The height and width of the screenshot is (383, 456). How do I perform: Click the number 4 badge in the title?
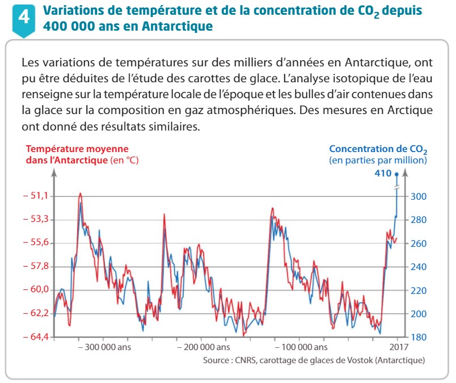24,20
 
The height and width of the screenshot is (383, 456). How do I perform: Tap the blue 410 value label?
383,174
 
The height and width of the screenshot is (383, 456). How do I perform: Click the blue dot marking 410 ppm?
396,174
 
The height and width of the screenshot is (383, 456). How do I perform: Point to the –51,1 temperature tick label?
35,196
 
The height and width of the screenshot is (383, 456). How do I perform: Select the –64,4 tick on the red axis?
35,336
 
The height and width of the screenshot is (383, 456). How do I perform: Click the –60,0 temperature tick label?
35,289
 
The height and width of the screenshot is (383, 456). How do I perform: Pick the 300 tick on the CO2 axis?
419,196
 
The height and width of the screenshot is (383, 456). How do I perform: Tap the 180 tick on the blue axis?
419,337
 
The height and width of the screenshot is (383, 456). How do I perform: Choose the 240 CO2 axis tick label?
419,267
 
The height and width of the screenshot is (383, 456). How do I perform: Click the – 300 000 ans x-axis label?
105,347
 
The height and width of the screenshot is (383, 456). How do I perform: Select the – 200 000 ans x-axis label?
204,347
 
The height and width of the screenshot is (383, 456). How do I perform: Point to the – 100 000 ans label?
301,347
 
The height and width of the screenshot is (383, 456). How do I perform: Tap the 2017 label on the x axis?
399,347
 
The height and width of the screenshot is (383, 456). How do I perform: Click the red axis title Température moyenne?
77,149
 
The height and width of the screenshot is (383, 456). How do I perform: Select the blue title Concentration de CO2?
378,149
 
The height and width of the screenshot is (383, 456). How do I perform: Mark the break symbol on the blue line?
396,188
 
